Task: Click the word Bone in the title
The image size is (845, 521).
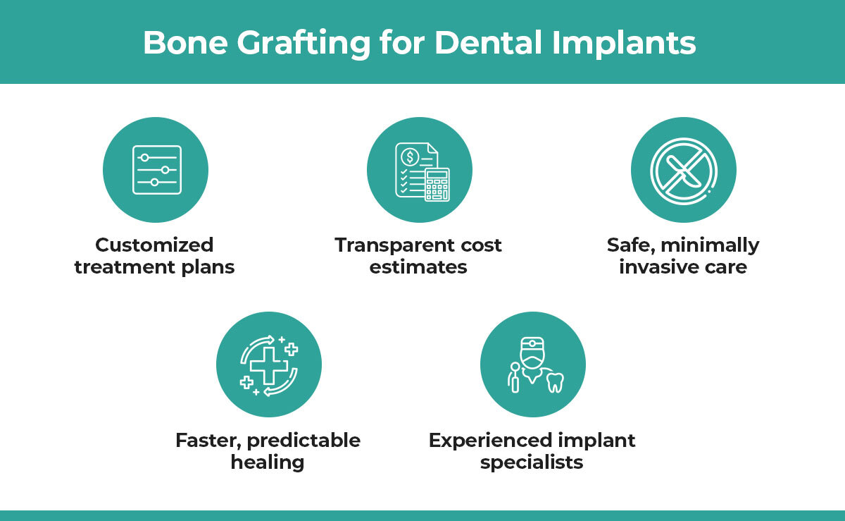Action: pyautogui.click(x=185, y=43)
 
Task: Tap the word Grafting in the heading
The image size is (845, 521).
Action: pyautogui.click(x=303, y=44)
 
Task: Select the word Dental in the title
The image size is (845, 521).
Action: pyautogui.click(x=489, y=42)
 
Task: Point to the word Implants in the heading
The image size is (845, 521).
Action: pyautogui.click(x=624, y=44)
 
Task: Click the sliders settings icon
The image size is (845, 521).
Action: pyautogui.click(x=157, y=170)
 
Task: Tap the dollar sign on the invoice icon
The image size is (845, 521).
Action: pyautogui.click(x=410, y=157)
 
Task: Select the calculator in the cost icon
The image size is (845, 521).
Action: pyautogui.click(x=437, y=185)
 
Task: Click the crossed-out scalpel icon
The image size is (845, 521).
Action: pyautogui.click(x=684, y=171)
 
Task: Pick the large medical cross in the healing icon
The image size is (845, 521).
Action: pyautogui.click(x=268, y=366)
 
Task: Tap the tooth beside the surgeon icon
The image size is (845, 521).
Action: pyautogui.click(x=556, y=382)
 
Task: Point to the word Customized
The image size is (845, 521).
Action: pyautogui.click(x=154, y=245)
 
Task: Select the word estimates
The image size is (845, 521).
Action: pyautogui.click(x=418, y=267)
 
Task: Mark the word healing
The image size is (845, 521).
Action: pyautogui.click(x=268, y=462)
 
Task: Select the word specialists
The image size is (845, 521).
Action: pyautogui.click(x=532, y=462)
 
